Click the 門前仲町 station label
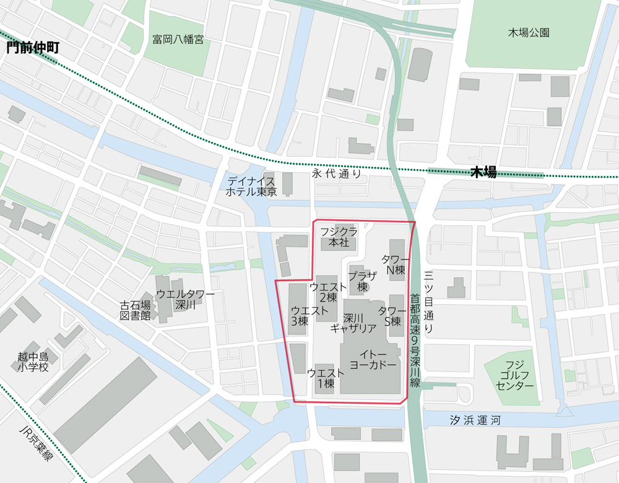[33, 48]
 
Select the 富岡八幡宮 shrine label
[178, 40]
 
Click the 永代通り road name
[337, 175]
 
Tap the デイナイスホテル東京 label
[251, 186]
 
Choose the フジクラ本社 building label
[339, 237]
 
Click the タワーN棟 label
[395, 264]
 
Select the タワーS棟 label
[392, 316]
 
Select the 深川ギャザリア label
[353, 323]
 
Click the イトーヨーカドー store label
[373, 360]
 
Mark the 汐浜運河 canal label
[475, 420]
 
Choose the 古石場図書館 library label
[136, 310]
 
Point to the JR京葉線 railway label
[37, 442]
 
